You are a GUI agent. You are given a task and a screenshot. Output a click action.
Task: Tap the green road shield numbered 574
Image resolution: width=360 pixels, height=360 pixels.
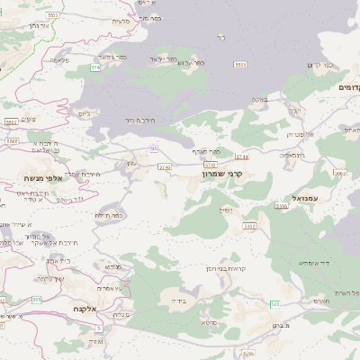coord(94,67)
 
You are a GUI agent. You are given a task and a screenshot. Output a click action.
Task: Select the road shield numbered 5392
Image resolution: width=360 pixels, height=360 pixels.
coord(250,226)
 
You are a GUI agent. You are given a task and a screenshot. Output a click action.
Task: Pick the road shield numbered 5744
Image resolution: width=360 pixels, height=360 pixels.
coord(242,157)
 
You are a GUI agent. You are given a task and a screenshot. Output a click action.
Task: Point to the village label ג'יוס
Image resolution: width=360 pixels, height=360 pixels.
coord(85,112)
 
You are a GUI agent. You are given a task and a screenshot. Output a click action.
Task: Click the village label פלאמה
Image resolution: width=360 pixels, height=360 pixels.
coord(60,60)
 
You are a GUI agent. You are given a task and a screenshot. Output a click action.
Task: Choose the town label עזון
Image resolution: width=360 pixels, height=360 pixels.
coord(132,162)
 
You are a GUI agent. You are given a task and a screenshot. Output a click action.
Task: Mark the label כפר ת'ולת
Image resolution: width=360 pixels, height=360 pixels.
coord(108,214)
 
